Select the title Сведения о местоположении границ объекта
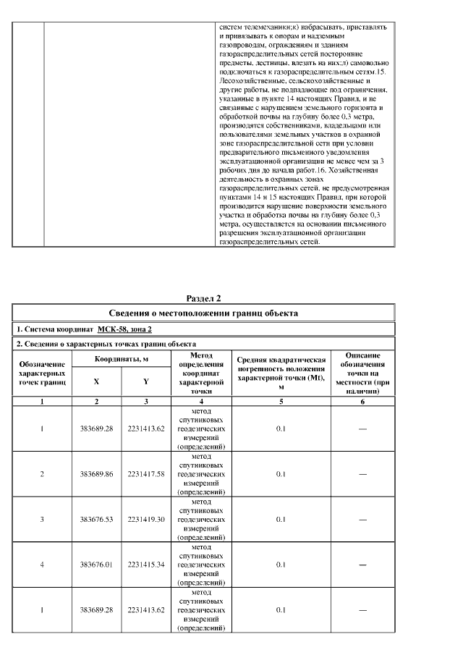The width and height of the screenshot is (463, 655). coord(203,313)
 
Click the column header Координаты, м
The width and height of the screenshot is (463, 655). coord(122,359)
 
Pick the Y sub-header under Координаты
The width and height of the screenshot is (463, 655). coord(146,381)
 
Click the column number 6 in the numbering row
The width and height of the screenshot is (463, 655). coord(362,400)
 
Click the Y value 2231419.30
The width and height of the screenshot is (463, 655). coord(146,519)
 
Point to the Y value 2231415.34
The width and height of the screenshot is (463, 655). coord(146,565)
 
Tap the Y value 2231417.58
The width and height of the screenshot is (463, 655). coord(146,474)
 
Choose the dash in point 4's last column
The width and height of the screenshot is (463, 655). coord(362,565)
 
